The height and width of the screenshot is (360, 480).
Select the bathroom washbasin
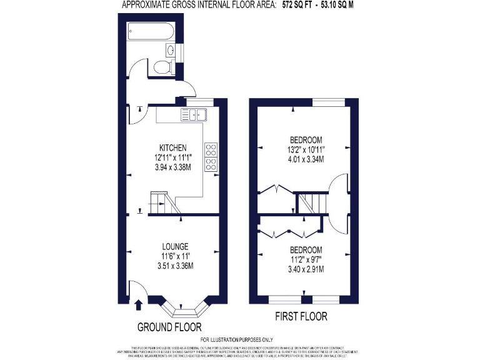[171, 50]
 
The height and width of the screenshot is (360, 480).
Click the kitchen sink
[194, 114]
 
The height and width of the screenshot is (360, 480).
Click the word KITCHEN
[156, 147]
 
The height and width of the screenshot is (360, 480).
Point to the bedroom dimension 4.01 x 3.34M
[306, 159]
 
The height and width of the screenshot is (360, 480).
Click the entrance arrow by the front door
[138, 304]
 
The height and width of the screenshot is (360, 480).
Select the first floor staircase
[309, 203]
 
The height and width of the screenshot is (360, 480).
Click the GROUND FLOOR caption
[169, 327]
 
